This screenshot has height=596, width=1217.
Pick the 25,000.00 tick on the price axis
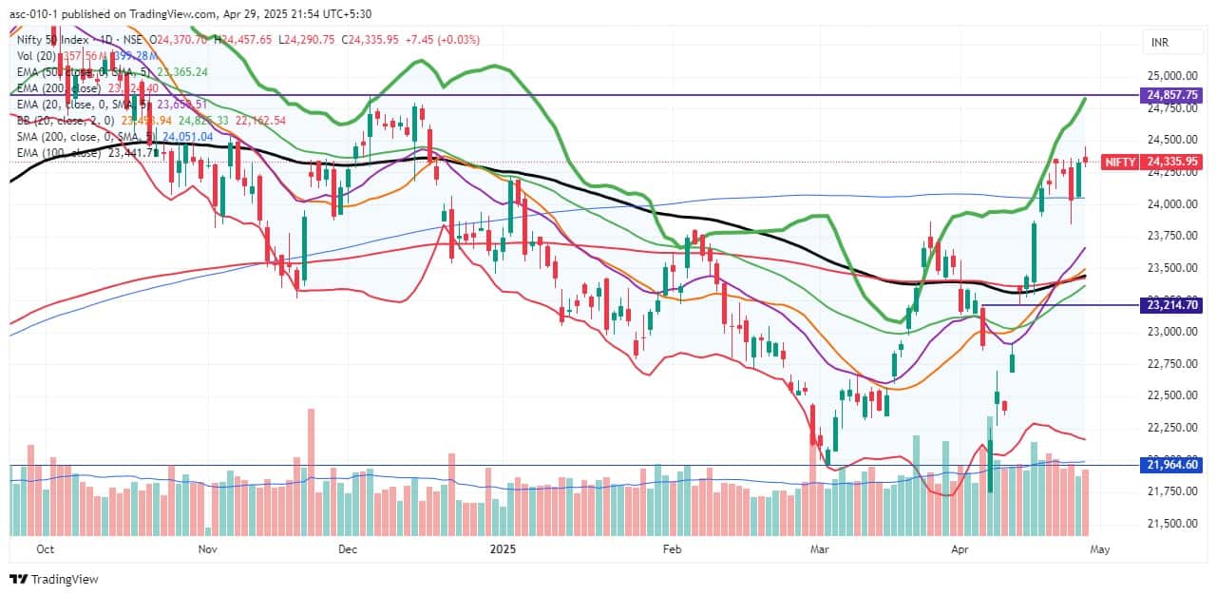point(1170,76)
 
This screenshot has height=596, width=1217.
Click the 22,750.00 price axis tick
point(1170,363)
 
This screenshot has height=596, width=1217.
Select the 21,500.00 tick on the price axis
point(1170,523)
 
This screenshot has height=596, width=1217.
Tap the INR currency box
point(1160,43)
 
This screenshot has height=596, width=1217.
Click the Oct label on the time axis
point(45,548)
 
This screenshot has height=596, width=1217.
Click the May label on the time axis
point(1099,548)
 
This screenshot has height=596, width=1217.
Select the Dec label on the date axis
point(346,548)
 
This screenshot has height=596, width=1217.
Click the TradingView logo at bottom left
point(54,579)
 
